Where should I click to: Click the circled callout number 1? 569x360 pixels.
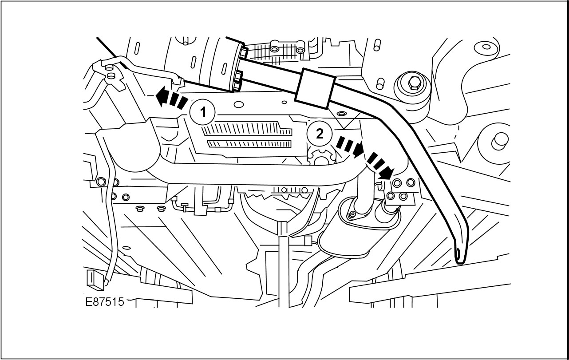203,111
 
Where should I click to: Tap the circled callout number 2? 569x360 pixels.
319,134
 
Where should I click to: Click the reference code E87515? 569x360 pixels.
104,302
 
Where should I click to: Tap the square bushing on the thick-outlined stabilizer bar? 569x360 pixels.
316,88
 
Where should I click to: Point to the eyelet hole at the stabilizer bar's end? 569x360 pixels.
458,253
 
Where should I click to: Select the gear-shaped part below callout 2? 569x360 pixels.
320,158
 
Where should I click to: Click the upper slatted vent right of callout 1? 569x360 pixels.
247,129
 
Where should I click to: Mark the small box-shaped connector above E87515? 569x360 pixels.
92,277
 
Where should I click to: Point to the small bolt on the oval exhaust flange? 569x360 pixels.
352,215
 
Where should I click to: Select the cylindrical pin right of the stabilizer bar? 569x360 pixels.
499,139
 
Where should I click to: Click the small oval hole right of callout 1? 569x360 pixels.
239,105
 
